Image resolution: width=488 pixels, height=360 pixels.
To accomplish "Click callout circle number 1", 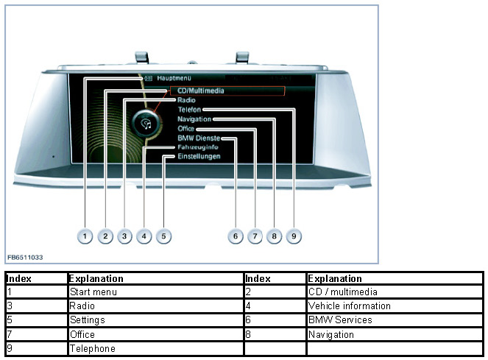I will point(85,236).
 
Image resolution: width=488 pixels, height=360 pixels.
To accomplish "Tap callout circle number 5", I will point(163,236).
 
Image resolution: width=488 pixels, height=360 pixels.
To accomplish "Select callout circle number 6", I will point(235,236).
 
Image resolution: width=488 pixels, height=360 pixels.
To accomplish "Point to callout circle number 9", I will point(293,236).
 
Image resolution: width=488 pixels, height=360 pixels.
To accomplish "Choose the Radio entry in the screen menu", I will point(185,100).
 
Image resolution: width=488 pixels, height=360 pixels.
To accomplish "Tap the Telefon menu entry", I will point(189,110).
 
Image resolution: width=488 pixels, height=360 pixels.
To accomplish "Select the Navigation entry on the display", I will point(194,119).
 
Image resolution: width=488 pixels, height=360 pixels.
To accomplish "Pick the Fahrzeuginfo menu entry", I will point(197,147).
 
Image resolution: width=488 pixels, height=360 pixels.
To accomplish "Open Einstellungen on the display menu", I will point(199,157).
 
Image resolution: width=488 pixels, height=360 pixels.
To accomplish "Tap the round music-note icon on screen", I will point(146,123).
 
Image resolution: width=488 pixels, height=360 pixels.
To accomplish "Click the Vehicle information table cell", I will point(350,306).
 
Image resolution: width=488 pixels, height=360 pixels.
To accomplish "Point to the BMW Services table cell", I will point(340,320).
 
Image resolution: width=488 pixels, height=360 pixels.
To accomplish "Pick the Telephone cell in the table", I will point(93,348).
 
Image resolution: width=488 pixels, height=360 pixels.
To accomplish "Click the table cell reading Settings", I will point(88,320).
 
